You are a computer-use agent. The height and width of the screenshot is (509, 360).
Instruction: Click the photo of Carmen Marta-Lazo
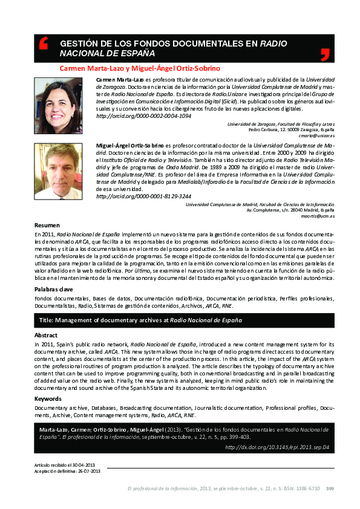58,105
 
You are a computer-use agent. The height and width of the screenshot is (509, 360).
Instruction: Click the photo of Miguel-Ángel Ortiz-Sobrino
58,171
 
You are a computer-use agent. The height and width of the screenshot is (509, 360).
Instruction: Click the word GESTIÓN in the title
80,44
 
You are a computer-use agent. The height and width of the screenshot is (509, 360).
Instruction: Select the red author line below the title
140,68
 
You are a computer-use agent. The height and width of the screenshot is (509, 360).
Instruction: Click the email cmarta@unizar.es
316,135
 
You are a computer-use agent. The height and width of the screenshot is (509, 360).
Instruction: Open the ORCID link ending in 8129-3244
144,196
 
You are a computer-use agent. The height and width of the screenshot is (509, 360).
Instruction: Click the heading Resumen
47,225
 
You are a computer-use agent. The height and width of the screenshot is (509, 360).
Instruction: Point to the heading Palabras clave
54,290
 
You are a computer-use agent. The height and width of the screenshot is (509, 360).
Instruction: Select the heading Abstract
46,334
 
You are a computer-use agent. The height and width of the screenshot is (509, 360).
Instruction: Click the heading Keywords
48,399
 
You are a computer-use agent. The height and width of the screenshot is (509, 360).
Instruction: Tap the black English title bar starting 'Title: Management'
184,320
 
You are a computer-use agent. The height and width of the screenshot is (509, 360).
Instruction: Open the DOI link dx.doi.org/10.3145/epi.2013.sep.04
277,447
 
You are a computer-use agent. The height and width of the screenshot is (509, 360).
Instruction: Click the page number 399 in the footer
330,488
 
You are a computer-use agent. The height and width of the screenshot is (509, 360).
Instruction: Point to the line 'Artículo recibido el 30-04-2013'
64,464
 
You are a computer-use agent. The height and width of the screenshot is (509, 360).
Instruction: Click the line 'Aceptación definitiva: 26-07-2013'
67,470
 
